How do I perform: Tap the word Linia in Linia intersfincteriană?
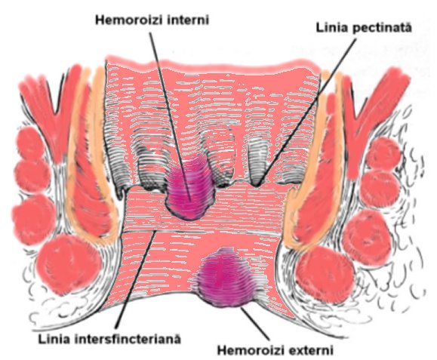(50, 339)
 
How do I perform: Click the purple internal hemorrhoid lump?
(191, 189)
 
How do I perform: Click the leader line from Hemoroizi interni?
(170, 116)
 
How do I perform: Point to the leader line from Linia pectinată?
(306, 112)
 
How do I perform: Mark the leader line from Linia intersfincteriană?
(136, 279)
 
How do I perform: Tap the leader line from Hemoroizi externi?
(256, 324)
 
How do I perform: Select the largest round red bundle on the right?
(325, 273)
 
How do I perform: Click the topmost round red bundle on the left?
(30, 143)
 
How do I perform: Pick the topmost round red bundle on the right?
(384, 152)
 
